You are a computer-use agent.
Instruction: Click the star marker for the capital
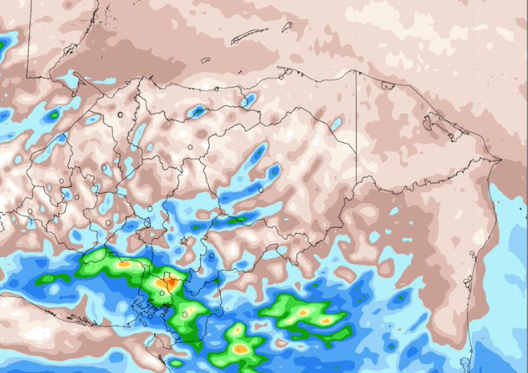[x=183, y=240]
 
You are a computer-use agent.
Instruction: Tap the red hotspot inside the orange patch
[x=168, y=281]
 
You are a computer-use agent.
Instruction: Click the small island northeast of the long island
[x=287, y=26]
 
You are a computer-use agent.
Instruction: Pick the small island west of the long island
[x=205, y=60]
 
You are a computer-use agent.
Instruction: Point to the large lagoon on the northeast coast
[x=436, y=124]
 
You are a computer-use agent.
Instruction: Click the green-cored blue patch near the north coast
[x=196, y=111]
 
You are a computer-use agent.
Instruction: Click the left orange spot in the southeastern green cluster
[x=302, y=313]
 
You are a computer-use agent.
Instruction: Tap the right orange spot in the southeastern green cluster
[x=326, y=321]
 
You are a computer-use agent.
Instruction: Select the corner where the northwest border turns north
[x=29, y=77]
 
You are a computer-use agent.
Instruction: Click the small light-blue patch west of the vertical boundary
[x=337, y=124]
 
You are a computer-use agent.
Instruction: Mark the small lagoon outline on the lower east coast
[x=473, y=255]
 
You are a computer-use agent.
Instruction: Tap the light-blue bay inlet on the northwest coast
[x=79, y=80]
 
